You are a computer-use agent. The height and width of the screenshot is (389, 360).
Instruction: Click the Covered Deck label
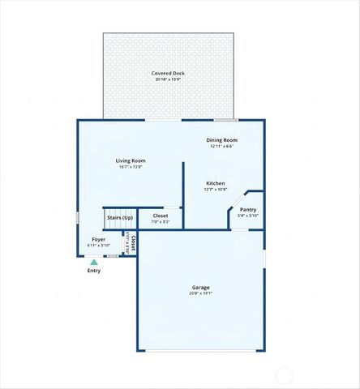click(x=168, y=73)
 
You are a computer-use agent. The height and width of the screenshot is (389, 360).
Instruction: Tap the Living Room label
click(x=130, y=160)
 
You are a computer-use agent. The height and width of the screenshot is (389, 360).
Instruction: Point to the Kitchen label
click(x=215, y=183)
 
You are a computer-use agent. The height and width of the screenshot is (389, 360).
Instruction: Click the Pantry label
click(x=247, y=210)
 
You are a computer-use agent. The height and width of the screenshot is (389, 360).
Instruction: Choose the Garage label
click(x=201, y=288)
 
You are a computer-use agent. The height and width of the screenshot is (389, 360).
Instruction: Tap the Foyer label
click(x=98, y=239)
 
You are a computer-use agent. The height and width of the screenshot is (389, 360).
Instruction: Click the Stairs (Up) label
click(x=119, y=217)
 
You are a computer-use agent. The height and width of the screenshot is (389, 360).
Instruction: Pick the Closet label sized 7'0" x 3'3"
click(x=161, y=216)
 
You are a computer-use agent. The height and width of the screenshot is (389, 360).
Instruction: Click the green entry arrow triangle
click(x=94, y=263)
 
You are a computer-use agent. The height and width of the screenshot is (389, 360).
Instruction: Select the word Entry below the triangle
click(x=94, y=271)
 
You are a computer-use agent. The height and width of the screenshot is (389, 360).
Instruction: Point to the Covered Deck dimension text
click(x=168, y=79)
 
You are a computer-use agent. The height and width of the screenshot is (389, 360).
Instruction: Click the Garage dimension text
click(x=201, y=294)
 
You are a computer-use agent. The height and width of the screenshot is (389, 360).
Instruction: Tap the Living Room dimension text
click(x=130, y=167)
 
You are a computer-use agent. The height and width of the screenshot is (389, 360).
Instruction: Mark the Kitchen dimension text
click(x=215, y=190)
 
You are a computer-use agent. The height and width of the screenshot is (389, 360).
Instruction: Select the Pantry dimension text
click(x=247, y=216)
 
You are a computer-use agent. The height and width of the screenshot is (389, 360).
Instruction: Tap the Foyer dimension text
click(x=98, y=246)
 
